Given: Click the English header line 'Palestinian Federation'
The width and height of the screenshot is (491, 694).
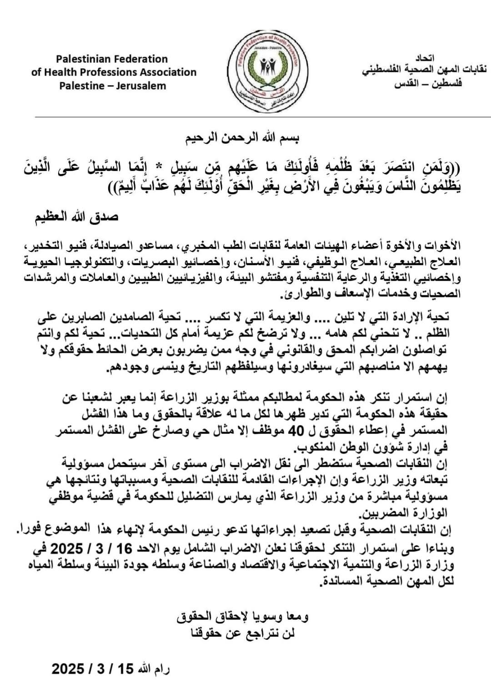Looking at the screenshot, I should (x=112, y=59).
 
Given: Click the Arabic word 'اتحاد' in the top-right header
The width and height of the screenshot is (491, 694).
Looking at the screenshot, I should (x=425, y=58).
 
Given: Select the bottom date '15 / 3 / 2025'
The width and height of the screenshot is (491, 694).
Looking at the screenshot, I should (x=93, y=669).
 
